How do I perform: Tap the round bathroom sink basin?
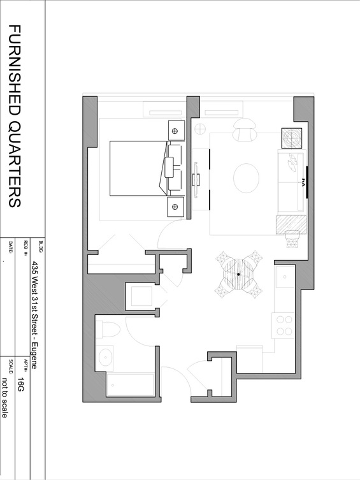(x=106, y=357)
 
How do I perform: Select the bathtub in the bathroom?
(x=130, y=384)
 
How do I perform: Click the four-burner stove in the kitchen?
(x=284, y=325)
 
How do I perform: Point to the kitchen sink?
(x=285, y=277)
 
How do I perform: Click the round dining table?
(x=238, y=274)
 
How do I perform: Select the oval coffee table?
(x=246, y=178)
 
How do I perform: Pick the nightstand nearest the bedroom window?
(x=176, y=131)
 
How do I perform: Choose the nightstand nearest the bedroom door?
(x=176, y=207)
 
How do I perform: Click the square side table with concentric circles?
(x=291, y=138)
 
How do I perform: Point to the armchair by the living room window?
(x=245, y=130)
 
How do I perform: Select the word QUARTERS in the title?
(x=15, y=164)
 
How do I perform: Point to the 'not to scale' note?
(x=4, y=398)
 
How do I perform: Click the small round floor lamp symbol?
(x=200, y=129)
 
